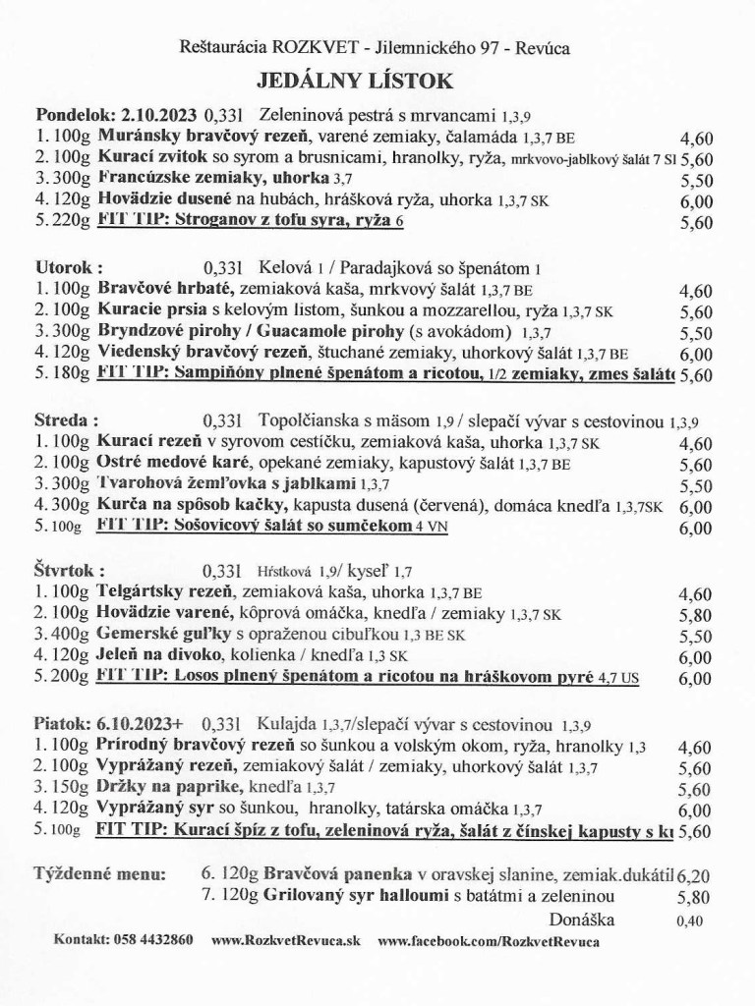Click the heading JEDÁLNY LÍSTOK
coord(377,81)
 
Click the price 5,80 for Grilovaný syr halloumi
coord(694,897)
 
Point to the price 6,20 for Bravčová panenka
coord(694,874)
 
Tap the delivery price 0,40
coord(692,922)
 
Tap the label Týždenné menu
coord(99,872)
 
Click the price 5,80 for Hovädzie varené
coord(694,615)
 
